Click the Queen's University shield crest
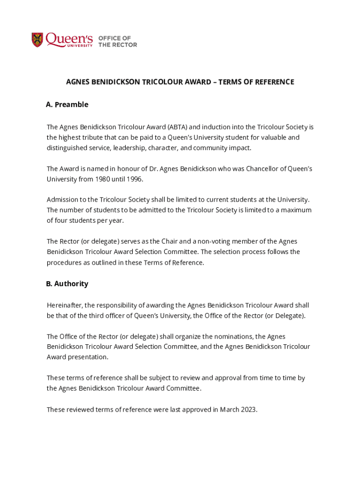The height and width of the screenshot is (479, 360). pos(37,40)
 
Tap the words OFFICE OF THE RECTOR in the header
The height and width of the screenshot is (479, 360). pos(117,41)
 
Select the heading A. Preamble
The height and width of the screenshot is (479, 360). pos(67,104)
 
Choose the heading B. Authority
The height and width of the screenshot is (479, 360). pos(67,283)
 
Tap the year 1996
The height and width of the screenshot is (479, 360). pos(133,179)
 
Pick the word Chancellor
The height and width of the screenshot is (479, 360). pos(257,168)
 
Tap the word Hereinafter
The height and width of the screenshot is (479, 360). pos(65,305)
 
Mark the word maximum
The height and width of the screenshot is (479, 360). pos(295,210)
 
